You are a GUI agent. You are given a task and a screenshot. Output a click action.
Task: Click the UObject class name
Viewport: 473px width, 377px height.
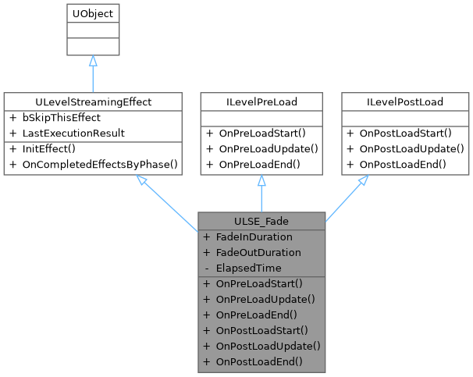point(92,14)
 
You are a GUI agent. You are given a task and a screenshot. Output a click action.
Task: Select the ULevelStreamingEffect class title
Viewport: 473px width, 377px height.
point(93,101)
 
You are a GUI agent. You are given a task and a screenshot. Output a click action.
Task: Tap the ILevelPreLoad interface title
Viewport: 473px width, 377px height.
point(261,101)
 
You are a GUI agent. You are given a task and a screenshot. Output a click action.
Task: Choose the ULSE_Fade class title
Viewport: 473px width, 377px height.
point(261,221)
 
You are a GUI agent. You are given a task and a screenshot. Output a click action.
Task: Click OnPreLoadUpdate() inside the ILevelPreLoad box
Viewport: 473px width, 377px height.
point(268,148)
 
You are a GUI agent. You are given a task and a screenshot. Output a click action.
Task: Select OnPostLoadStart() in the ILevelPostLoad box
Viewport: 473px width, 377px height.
point(410,133)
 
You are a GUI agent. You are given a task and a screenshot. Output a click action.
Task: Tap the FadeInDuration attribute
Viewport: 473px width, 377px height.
point(254,237)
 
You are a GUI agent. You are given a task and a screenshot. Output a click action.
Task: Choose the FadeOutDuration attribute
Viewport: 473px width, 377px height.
point(258,252)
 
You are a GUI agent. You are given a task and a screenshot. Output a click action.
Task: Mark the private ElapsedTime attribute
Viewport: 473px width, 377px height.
point(248,268)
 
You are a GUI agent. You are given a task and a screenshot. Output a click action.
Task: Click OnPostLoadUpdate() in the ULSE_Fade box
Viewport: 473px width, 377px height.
point(268,345)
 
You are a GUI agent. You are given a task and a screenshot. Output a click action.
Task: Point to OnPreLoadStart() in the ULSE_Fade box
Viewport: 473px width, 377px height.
point(259,283)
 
